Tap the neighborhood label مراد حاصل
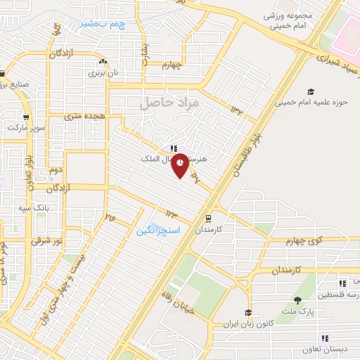coord(170,103)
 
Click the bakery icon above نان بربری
coord(103,62)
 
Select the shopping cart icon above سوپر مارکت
coord(26,118)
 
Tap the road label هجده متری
coord(84,115)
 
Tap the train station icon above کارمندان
coord(208,218)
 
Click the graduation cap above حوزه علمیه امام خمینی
coord(310,91)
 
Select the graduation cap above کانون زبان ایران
coord(247,313)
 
